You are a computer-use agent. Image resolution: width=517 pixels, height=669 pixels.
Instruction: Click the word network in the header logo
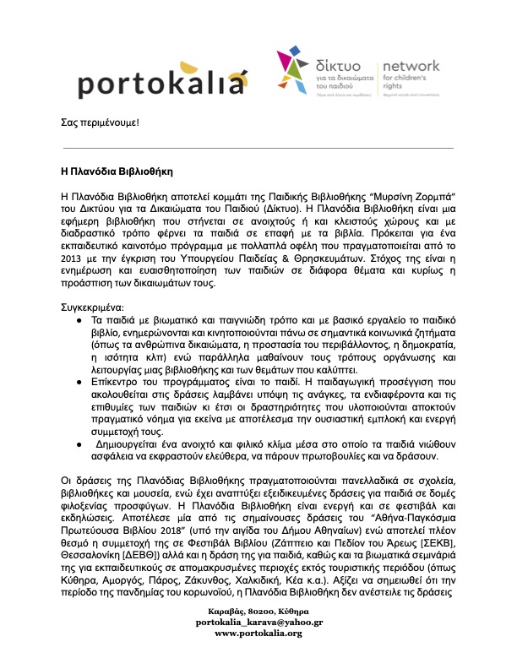(x=412, y=66)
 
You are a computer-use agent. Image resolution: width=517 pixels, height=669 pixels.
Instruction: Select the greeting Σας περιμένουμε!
(x=99, y=123)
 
